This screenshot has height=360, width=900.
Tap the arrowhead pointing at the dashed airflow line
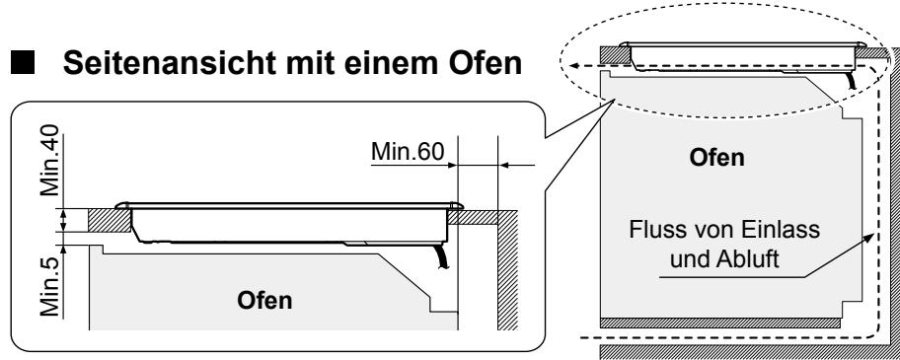867,234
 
